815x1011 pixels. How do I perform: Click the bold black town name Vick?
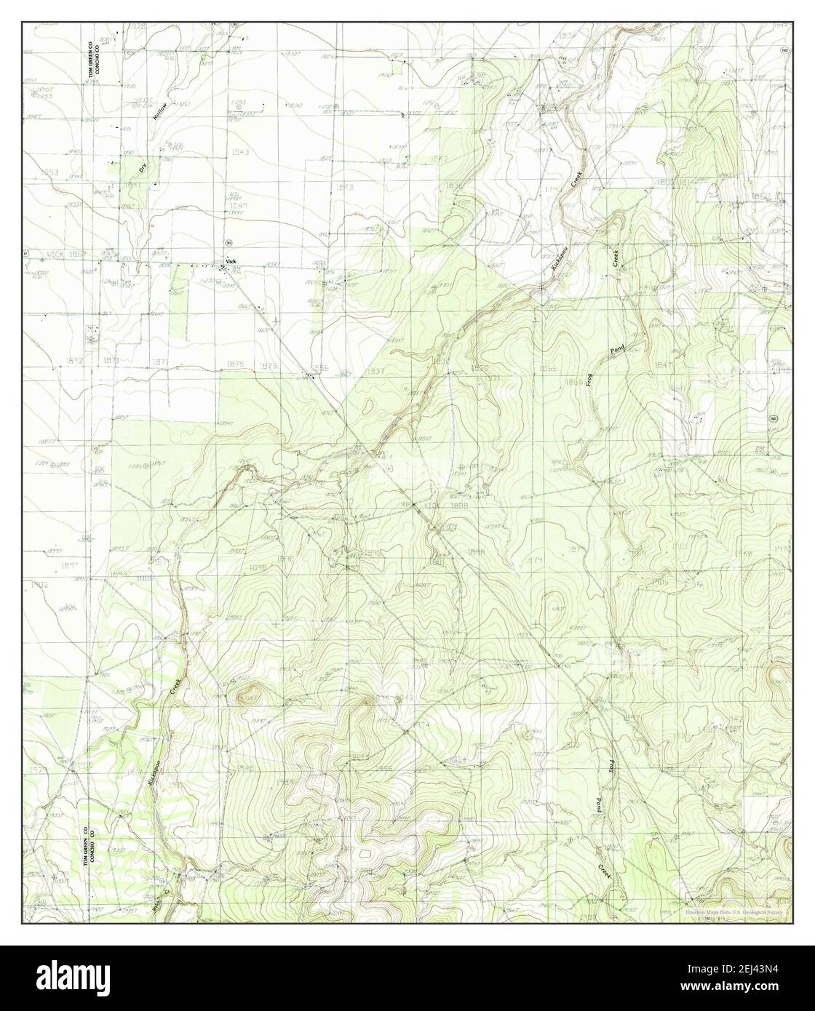(x=231, y=260)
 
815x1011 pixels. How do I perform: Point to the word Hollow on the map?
(x=161, y=111)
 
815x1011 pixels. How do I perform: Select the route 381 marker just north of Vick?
(x=228, y=242)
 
